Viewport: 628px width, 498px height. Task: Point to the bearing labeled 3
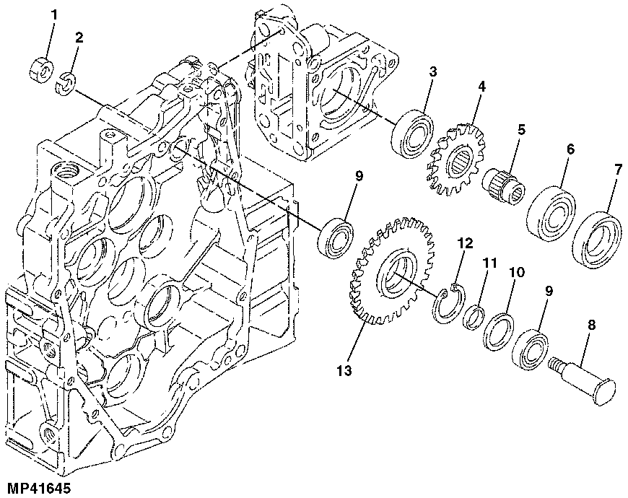tap(412, 131)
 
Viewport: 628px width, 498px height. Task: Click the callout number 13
tap(343, 370)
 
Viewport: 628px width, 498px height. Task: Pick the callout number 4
tap(481, 86)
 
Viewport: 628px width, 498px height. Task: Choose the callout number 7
tap(617, 169)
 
